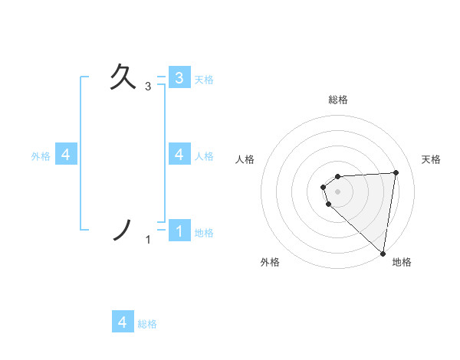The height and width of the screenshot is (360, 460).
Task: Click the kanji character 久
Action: pyautogui.click(x=124, y=78)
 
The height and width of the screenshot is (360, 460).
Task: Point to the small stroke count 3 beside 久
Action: pyautogui.click(x=148, y=87)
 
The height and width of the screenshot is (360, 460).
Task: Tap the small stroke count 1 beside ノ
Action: pyautogui.click(x=148, y=240)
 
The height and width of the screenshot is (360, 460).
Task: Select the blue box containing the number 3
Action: pyautogui.click(x=179, y=77)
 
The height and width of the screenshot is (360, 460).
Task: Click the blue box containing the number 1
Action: pyautogui.click(x=179, y=230)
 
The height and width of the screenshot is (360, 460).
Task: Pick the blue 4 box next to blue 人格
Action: pyautogui.click(x=179, y=154)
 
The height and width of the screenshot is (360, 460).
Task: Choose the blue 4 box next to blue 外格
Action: pyautogui.click(x=66, y=154)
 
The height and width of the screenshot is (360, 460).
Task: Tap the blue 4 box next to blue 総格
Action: pyautogui.click(x=123, y=322)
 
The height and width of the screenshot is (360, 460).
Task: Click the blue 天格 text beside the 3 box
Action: pyautogui.click(x=204, y=80)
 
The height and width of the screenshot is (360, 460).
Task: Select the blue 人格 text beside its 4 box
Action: pyautogui.click(x=204, y=156)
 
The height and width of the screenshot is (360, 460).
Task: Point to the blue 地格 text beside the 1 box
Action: pyautogui.click(x=204, y=233)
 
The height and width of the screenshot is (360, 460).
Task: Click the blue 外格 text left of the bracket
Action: pyautogui.click(x=41, y=156)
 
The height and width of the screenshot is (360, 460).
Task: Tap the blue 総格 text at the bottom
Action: pyautogui.click(x=147, y=324)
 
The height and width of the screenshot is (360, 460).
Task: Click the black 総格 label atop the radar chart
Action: pyautogui.click(x=338, y=100)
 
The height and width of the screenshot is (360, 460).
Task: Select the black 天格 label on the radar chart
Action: pyautogui.click(x=432, y=159)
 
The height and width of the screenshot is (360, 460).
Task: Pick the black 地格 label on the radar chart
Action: pyautogui.click(x=402, y=262)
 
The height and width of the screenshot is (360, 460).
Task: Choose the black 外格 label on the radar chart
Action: pyautogui.click(x=270, y=262)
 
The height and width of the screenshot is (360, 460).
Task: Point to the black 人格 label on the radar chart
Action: pyautogui.click(x=245, y=159)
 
